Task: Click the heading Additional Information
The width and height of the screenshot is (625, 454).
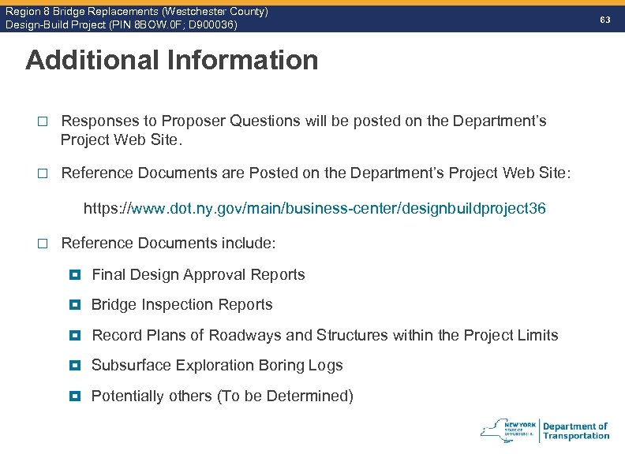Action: tap(171, 60)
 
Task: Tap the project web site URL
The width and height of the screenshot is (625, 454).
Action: tap(314, 209)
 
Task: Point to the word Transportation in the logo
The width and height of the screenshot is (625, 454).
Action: tap(576, 436)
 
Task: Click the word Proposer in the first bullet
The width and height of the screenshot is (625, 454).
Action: tap(193, 121)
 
